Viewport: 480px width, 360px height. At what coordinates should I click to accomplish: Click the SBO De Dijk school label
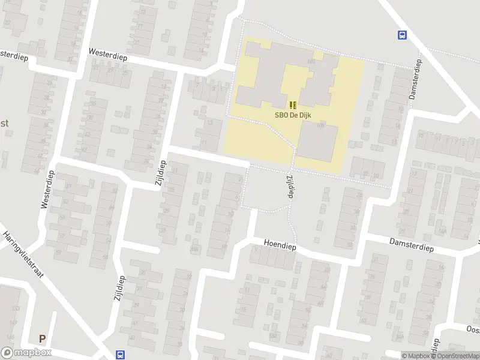(293, 116)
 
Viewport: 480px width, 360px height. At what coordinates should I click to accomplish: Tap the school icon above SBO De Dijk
(293, 104)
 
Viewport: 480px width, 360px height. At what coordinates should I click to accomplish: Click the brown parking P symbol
(42, 338)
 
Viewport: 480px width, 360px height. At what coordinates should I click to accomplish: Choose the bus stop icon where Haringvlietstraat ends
(120, 355)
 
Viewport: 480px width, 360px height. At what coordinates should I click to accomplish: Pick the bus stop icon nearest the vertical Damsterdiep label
(401, 35)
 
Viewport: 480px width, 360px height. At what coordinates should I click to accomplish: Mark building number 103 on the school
(311, 61)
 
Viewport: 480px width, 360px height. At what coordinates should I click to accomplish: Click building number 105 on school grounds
(320, 125)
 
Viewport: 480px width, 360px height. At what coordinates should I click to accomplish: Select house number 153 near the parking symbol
(16, 308)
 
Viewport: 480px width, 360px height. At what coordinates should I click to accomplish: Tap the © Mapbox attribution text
(416, 356)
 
